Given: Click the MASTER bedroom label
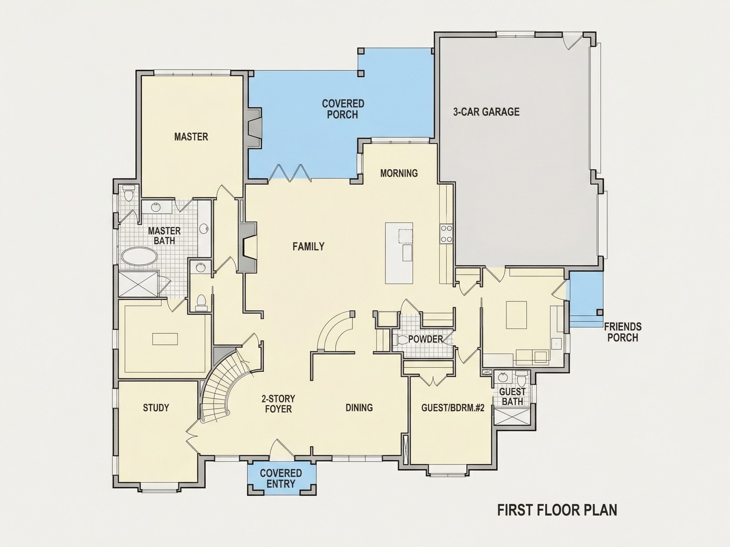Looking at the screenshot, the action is (x=191, y=136).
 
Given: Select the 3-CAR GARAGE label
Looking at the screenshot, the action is (x=486, y=112).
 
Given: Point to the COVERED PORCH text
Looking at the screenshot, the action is (x=343, y=109).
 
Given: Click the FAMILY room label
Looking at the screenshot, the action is (x=309, y=246).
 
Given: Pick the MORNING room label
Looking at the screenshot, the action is (x=399, y=173).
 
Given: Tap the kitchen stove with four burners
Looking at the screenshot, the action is (x=446, y=233).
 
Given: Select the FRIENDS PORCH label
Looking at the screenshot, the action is (x=623, y=332).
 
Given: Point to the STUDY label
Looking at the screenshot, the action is (x=156, y=408).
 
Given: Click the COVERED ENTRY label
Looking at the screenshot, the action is (x=281, y=478).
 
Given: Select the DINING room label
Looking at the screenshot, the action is (x=359, y=408).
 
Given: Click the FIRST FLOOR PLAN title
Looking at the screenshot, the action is (x=557, y=510).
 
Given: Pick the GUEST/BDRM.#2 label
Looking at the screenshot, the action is (x=452, y=408).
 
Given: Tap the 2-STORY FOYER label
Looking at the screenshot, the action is (x=278, y=404).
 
